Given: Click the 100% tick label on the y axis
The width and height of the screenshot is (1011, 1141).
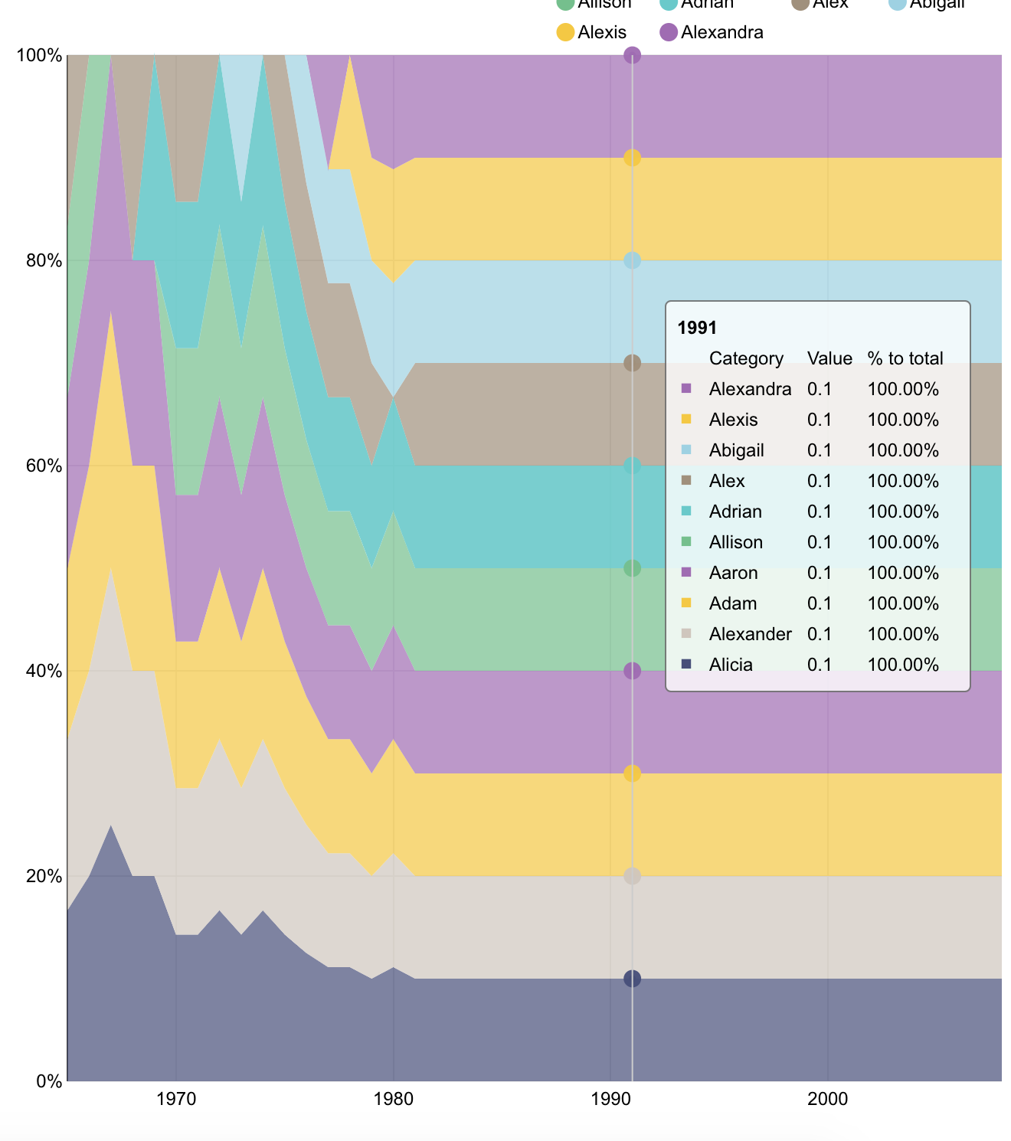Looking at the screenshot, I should click(39, 55).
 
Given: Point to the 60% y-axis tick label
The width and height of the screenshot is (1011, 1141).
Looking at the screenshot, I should click(43, 466).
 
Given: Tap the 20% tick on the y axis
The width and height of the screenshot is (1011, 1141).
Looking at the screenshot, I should click(43, 876).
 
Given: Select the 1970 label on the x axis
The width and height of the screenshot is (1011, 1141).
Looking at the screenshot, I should click(176, 1100).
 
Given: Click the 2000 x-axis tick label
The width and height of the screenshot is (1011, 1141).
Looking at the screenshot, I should click(828, 1100).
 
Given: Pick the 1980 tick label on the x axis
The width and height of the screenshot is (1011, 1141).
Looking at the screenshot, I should click(394, 1100).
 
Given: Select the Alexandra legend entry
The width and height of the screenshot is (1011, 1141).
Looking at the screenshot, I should click(712, 32).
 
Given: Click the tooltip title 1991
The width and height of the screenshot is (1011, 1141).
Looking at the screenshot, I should click(697, 328).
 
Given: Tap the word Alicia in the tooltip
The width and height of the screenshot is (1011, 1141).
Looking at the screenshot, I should click(731, 665).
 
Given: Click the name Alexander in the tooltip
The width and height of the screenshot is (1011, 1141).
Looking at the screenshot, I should click(750, 634).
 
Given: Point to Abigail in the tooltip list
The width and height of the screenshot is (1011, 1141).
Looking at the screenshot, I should click(736, 450).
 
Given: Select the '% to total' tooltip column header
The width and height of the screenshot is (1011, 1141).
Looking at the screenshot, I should click(905, 358).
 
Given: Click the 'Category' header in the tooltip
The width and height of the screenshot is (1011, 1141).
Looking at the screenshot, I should click(746, 358).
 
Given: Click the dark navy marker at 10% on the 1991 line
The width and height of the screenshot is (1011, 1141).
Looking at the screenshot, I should click(632, 979).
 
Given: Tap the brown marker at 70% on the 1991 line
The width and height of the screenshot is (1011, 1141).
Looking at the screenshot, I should click(632, 363).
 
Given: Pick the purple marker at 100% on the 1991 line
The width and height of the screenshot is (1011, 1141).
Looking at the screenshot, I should click(632, 55).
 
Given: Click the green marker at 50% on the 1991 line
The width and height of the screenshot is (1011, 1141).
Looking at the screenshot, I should click(632, 568).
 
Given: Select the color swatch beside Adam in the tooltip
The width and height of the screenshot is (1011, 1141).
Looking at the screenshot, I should click(686, 603).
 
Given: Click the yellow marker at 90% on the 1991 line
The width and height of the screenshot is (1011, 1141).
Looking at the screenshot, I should click(632, 158).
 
